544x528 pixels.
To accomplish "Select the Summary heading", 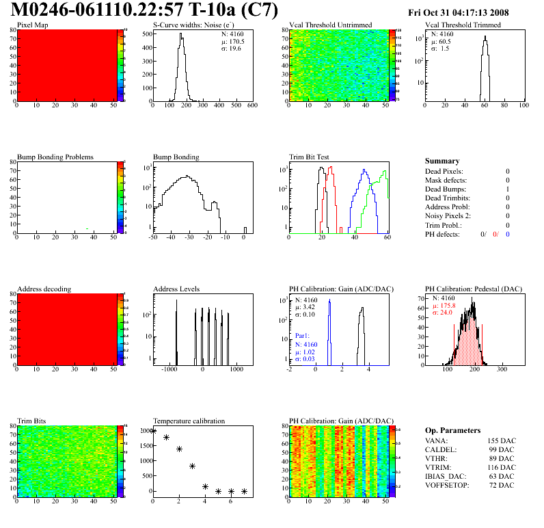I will click(442, 161).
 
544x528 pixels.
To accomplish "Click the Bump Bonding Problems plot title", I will click(55, 157).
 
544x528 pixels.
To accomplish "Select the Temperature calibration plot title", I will click(189, 421).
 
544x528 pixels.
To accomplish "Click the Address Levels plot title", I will click(176, 289).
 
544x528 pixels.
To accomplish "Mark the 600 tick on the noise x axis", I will click(251, 106).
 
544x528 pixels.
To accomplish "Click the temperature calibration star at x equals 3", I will click(192, 466).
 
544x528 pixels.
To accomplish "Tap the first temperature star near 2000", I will click(153, 431).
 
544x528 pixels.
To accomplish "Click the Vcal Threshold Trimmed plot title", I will click(463, 25).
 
